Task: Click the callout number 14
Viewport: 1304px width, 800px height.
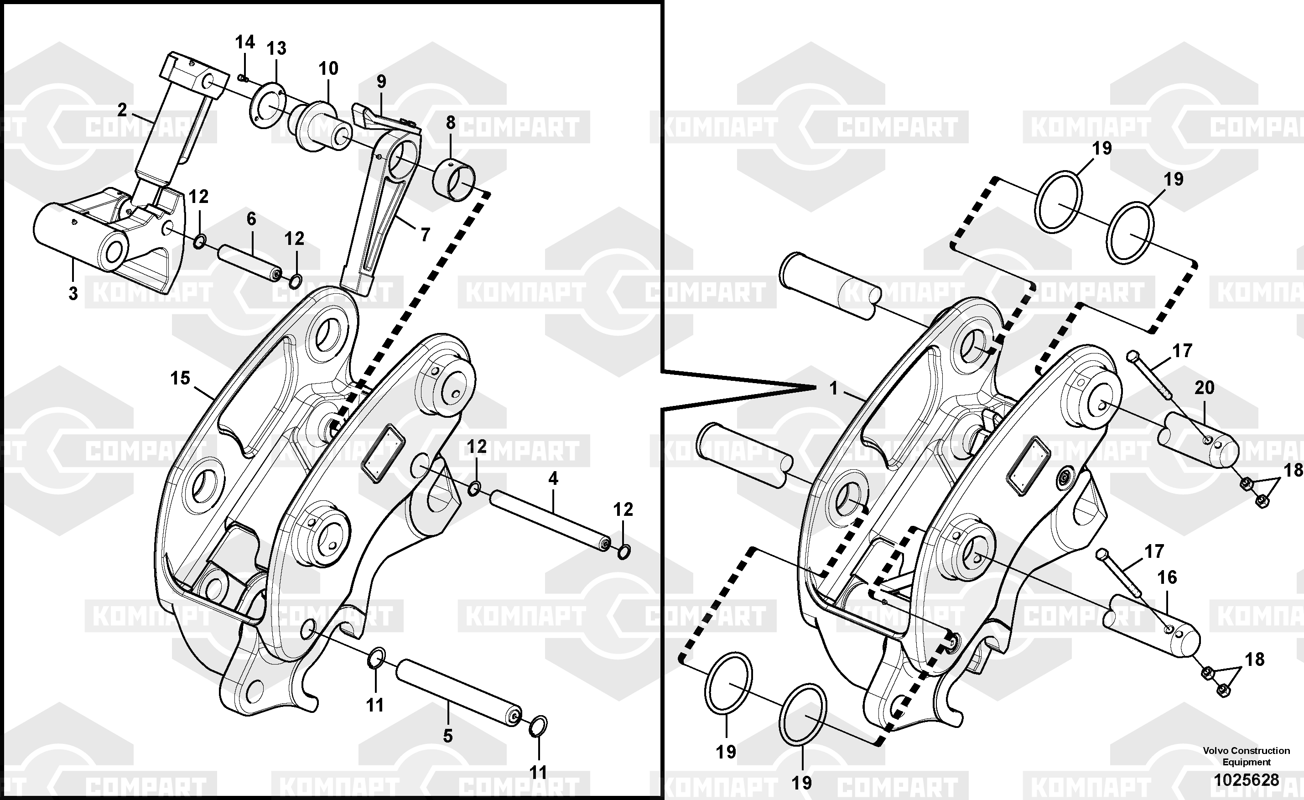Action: [x=245, y=42]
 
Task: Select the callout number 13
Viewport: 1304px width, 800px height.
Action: [x=276, y=49]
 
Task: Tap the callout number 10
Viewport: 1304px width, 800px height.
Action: [x=328, y=68]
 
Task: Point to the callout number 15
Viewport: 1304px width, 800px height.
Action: [x=180, y=378]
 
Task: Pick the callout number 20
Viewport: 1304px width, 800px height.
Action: [x=1204, y=388]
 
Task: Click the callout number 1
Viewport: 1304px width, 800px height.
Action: [x=833, y=388]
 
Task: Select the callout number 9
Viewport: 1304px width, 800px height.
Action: [x=381, y=82]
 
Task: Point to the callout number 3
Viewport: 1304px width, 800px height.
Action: [x=73, y=294]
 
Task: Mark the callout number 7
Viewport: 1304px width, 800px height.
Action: [x=425, y=234]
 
